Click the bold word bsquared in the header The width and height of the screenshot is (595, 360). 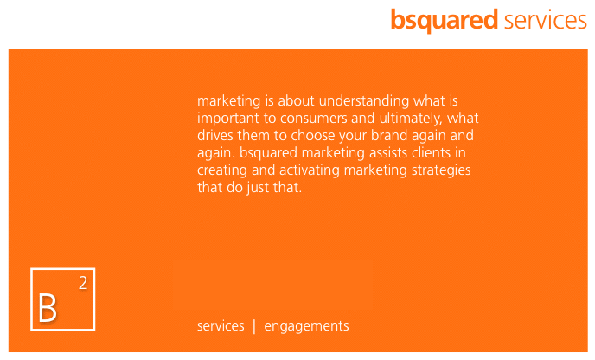click(x=445, y=20)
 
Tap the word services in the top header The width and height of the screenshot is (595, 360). click(x=546, y=20)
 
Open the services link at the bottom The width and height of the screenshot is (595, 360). click(x=221, y=326)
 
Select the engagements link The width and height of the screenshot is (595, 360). click(x=306, y=326)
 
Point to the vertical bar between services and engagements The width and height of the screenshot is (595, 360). click(x=254, y=326)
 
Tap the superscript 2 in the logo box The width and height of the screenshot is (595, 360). click(x=82, y=282)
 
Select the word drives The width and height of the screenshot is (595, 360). click(x=215, y=136)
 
